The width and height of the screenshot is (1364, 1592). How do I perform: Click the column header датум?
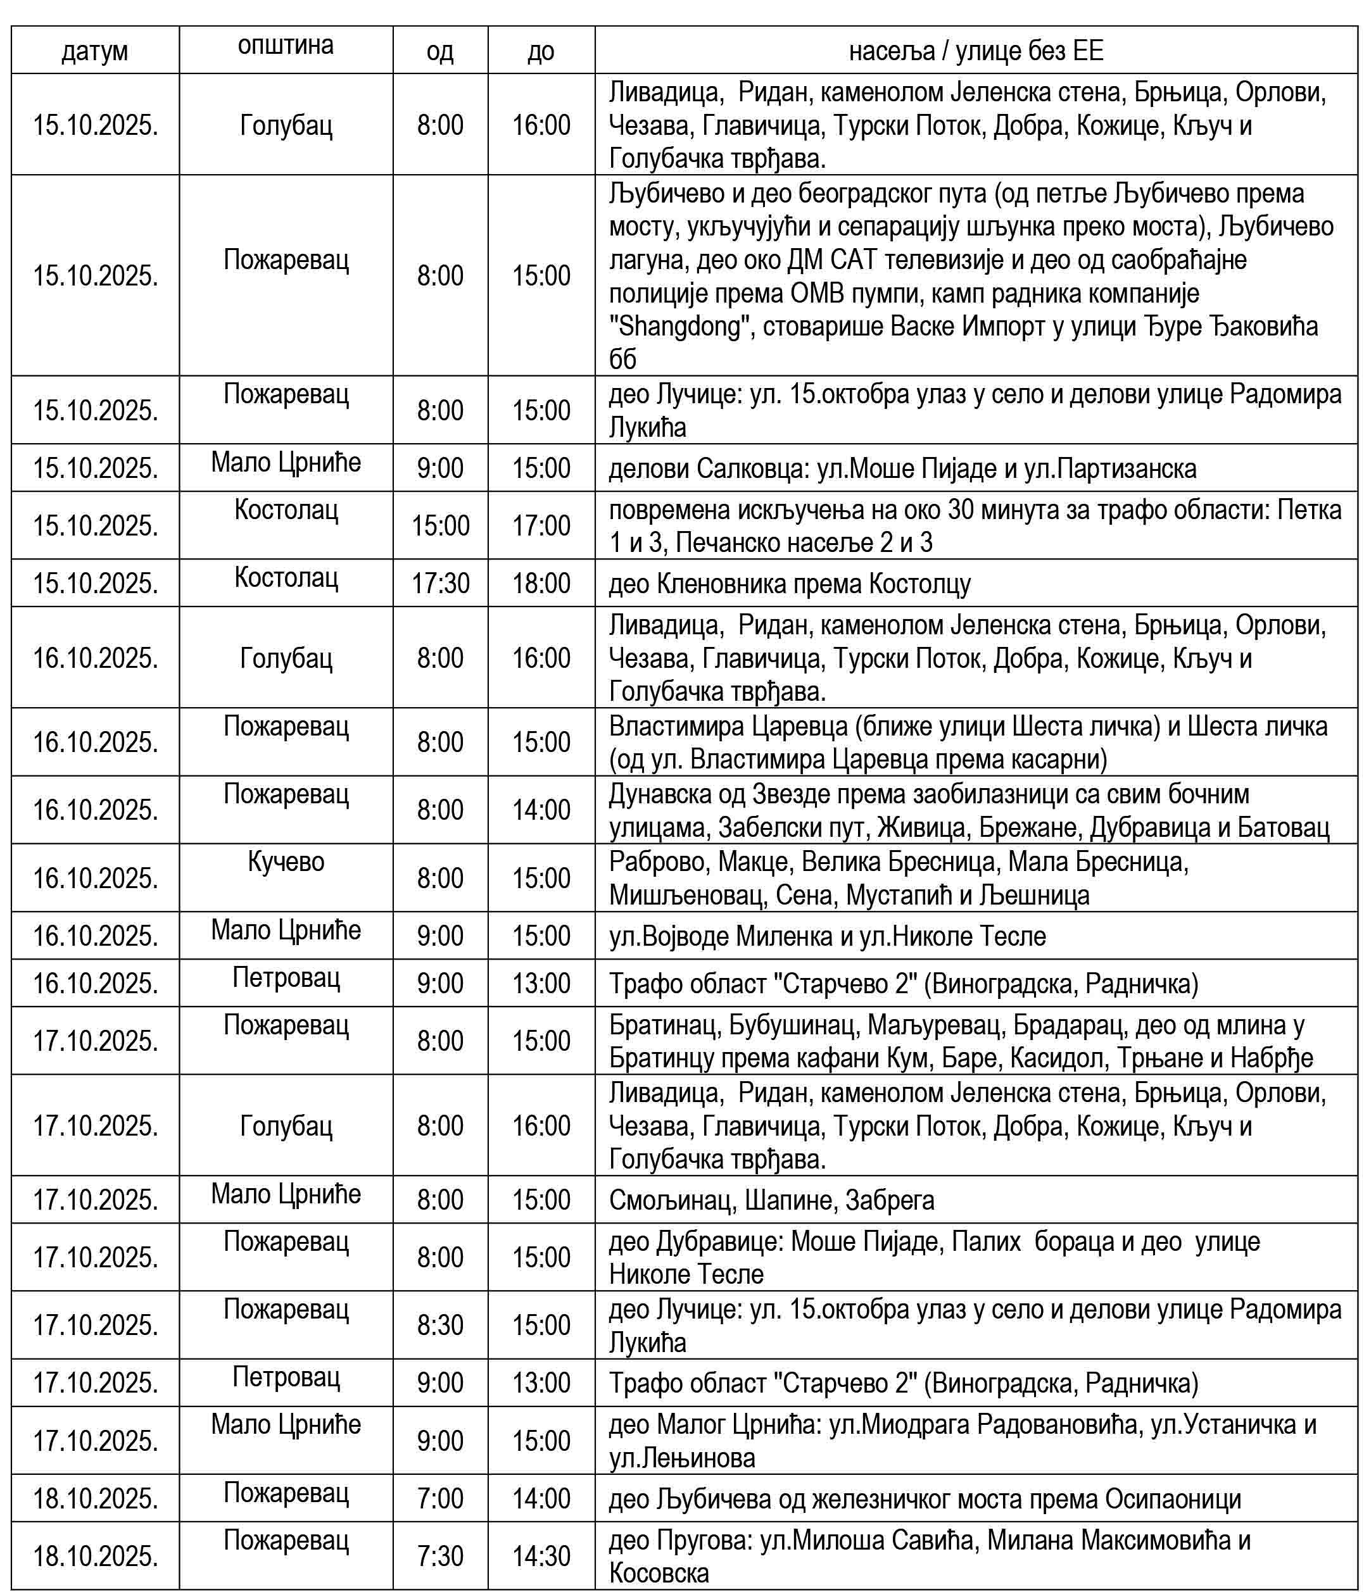tap(94, 51)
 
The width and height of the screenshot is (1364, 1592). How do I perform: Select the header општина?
tap(286, 46)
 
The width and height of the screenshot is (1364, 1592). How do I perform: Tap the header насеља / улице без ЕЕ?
tap(976, 51)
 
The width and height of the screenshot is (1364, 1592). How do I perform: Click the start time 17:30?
tap(440, 583)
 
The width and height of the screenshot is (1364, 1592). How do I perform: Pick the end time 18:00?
tap(541, 583)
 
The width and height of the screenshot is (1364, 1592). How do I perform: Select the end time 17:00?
tap(541, 525)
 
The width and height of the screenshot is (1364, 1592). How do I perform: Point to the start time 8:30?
tap(440, 1325)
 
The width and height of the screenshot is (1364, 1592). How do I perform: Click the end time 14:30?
tap(541, 1556)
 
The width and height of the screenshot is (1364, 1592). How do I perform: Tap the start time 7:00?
tap(440, 1498)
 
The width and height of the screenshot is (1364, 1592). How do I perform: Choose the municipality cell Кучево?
tap(286, 862)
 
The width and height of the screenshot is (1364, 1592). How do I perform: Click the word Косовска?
tap(659, 1574)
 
